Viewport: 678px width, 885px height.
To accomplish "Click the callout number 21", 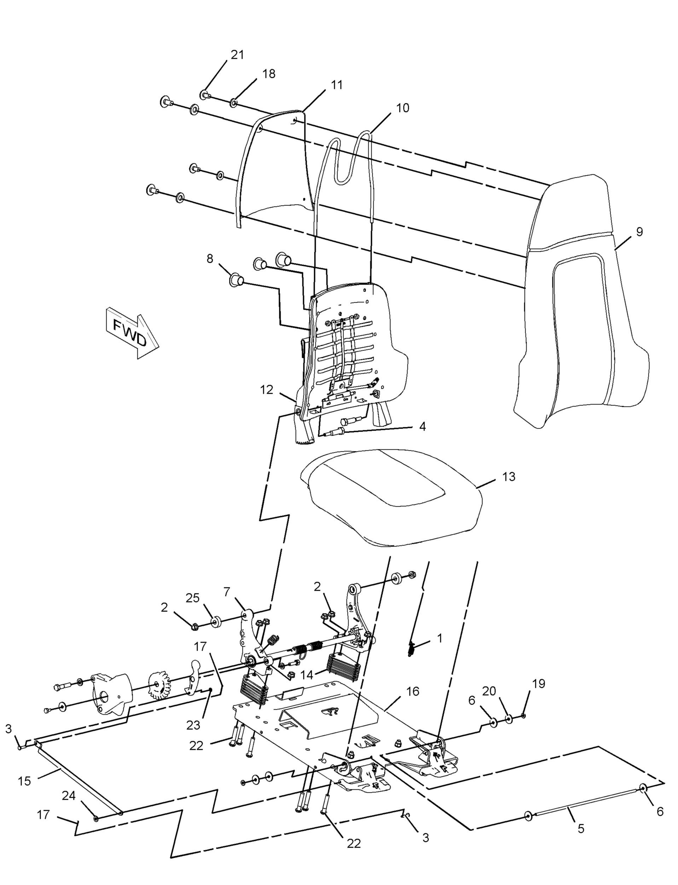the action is [237, 55].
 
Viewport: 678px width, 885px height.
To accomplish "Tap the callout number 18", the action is [269, 74].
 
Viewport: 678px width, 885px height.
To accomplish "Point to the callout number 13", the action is [509, 476].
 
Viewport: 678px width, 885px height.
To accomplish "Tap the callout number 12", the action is [267, 390].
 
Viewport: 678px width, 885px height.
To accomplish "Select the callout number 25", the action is [192, 598].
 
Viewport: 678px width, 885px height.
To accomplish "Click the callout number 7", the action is [227, 592].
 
